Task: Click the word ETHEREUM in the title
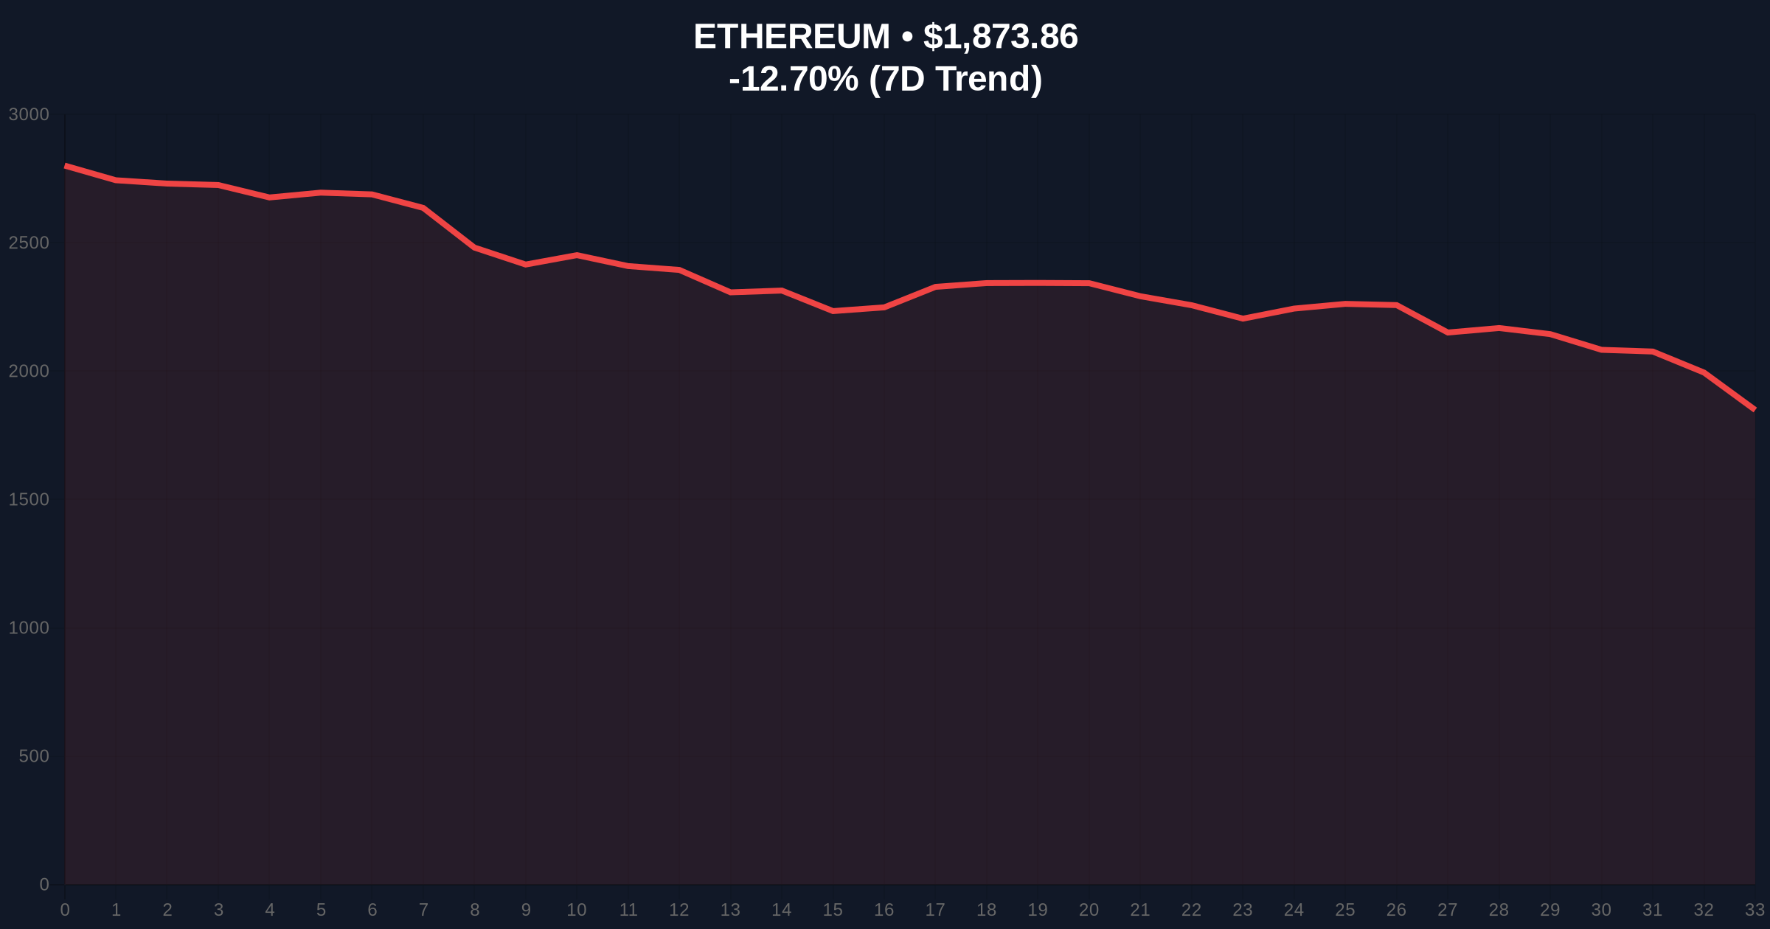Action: (x=791, y=37)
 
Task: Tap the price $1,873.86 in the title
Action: (x=1000, y=37)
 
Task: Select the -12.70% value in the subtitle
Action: (x=793, y=79)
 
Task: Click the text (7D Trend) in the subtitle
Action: (x=956, y=79)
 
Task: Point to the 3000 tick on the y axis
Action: (x=29, y=115)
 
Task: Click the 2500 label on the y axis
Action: (x=29, y=243)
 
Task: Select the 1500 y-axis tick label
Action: (x=29, y=500)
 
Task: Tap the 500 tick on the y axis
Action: (x=33, y=756)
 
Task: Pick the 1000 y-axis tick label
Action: (x=29, y=628)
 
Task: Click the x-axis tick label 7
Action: (x=423, y=911)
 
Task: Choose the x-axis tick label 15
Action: (x=833, y=911)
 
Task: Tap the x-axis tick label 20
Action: (x=1089, y=911)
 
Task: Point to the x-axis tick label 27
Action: (x=1447, y=911)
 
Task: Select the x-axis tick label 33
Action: (x=1755, y=911)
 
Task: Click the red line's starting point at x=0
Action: (x=66, y=166)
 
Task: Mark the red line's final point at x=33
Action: (x=1755, y=409)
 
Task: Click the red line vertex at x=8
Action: (x=474, y=248)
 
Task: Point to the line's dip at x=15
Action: (x=833, y=311)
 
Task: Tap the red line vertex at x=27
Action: (x=1448, y=333)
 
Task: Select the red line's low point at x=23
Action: (x=1243, y=319)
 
